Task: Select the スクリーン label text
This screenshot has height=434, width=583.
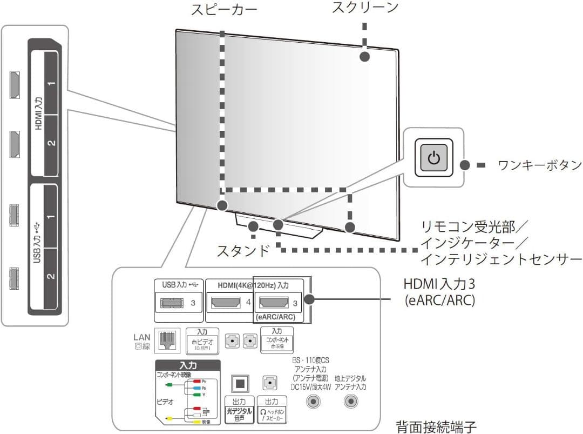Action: pos(365,8)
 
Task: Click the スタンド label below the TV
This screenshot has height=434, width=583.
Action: pos(243,251)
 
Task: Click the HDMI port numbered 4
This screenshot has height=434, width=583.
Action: pos(226,302)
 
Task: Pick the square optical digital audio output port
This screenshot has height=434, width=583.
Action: pos(241,383)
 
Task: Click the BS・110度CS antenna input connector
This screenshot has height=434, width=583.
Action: pos(314,402)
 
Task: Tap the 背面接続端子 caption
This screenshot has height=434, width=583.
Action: pos(436,426)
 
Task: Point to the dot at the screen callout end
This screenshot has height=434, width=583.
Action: pos(365,56)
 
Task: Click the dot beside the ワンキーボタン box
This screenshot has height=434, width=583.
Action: pos(464,165)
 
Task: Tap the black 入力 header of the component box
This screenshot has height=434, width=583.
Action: pos(187,366)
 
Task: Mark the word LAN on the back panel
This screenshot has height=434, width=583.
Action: pos(143,337)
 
